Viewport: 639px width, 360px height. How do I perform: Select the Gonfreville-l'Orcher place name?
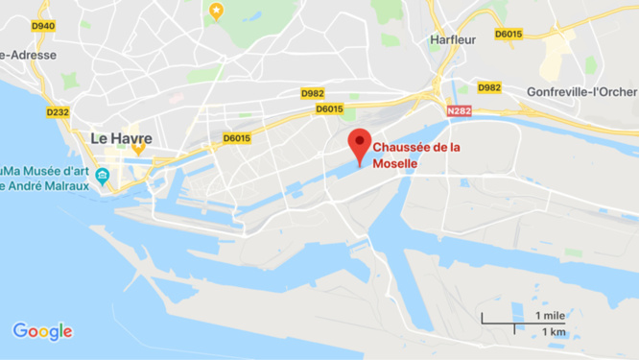(x=581, y=92)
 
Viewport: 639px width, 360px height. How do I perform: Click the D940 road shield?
(x=42, y=26)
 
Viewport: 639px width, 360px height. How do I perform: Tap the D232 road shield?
(x=58, y=112)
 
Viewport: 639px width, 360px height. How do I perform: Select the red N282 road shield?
(x=460, y=111)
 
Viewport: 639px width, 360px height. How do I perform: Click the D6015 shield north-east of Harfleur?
(x=509, y=34)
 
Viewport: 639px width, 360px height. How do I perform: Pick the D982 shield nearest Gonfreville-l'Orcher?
(x=489, y=87)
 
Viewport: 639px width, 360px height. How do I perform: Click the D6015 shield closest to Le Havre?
(x=236, y=138)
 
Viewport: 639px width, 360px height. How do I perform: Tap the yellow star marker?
(x=216, y=12)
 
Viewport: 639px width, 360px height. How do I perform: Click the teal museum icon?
(x=103, y=175)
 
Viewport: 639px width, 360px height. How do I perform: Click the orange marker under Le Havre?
(x=138, y=149)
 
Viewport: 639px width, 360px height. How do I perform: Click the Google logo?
(x=42, y=331)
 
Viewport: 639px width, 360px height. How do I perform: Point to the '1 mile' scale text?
(x=550, y=315)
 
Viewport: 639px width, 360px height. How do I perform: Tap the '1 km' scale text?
(x=552, y=331)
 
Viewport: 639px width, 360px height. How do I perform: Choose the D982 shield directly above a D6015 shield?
(x=313, y=93)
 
